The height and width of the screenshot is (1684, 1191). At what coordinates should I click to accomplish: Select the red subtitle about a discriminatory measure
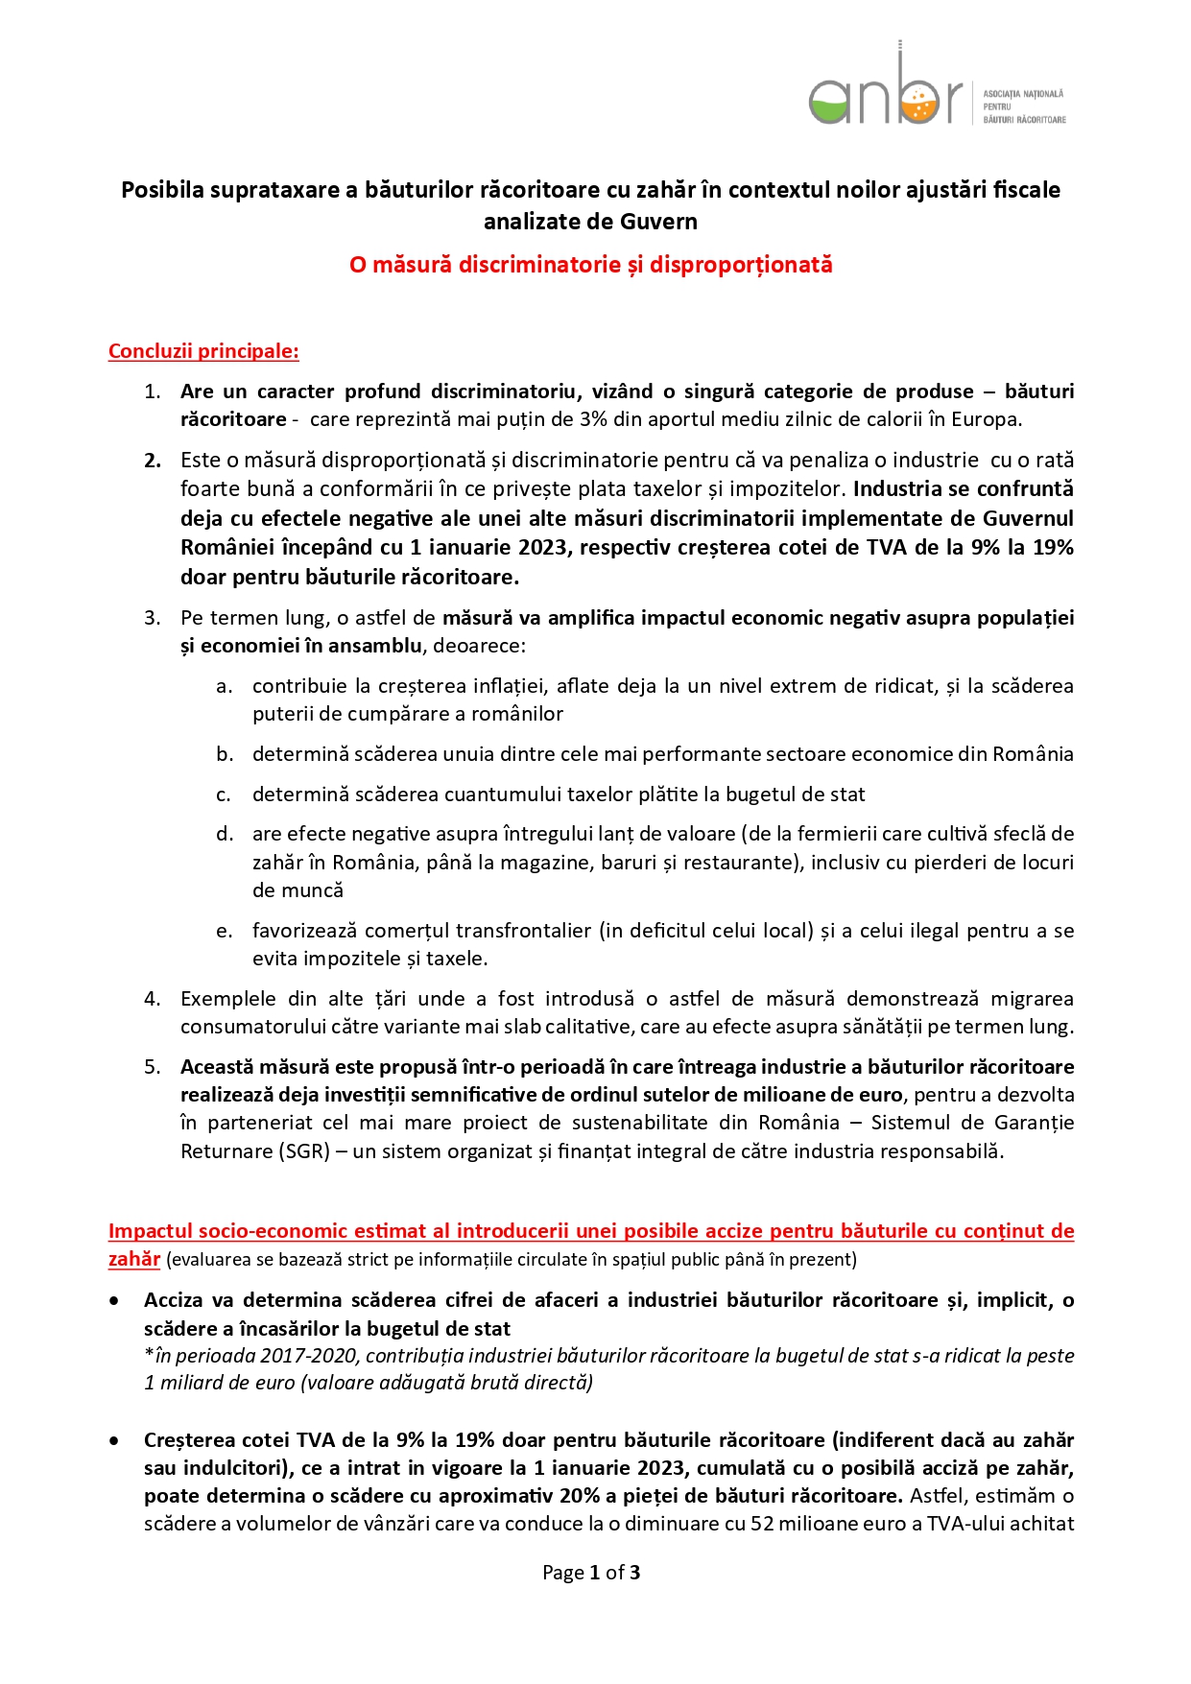pos(590,265)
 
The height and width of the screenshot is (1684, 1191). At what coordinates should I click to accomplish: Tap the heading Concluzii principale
pos(203,351)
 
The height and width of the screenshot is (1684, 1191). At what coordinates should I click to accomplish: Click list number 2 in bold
pos(153,461)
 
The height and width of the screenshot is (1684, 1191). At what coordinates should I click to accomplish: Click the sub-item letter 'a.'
pos(224,686)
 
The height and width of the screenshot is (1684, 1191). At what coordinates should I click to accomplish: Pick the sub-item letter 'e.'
pos(224,931)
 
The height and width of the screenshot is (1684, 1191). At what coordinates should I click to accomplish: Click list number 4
pos(153,999)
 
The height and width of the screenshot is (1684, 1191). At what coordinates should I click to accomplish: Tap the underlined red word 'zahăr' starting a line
pos(133,1259)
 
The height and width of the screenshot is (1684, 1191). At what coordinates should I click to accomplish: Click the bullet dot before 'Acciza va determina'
pos(115,1301)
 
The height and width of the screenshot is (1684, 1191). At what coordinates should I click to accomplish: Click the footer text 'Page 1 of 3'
pos(591,1573)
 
